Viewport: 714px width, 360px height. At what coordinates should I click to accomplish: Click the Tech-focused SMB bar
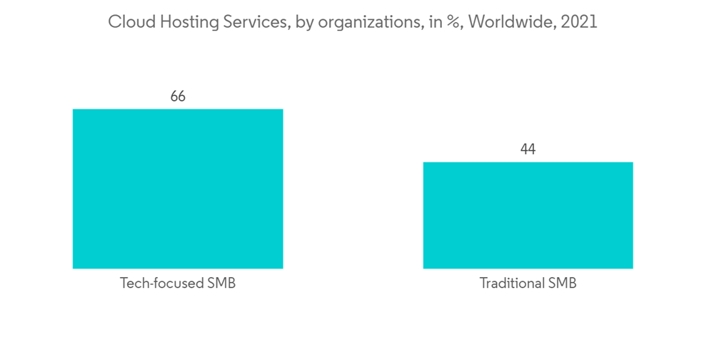click(178, 189)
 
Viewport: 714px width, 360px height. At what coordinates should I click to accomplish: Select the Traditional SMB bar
click(528, 215)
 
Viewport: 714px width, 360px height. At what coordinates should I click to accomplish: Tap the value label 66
click(178, 96)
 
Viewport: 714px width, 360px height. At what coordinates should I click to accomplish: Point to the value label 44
click(528, 149)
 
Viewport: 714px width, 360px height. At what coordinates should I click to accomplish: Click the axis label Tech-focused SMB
click(178, 284)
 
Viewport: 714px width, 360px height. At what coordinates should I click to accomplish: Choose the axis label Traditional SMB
click(528, 284)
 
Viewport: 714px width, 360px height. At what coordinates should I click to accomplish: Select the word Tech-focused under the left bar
click(161, 284)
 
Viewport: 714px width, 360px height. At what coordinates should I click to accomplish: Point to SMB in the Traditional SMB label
click(562, 284)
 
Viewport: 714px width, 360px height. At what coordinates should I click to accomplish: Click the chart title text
click(352, 22)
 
